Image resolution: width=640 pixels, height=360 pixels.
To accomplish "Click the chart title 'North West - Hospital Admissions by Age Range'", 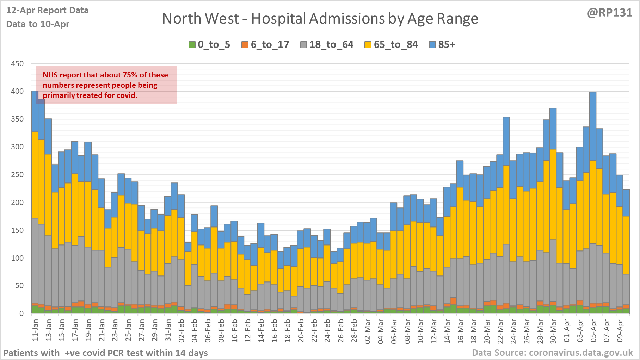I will pos(320,19).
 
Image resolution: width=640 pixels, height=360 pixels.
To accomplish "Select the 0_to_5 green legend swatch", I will pos(192,45).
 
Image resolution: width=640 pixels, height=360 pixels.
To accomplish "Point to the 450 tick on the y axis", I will pos(17,64).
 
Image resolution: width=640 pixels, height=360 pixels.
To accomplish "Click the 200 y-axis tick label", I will pos(17,203).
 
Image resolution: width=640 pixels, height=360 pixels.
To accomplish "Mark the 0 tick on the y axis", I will pos(21,314).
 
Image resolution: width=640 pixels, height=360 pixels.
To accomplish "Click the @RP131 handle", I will pos(610,13).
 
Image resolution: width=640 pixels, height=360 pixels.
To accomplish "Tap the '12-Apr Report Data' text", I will pos(47,11).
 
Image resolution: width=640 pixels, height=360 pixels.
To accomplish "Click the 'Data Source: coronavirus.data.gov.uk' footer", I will pos(552,353).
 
